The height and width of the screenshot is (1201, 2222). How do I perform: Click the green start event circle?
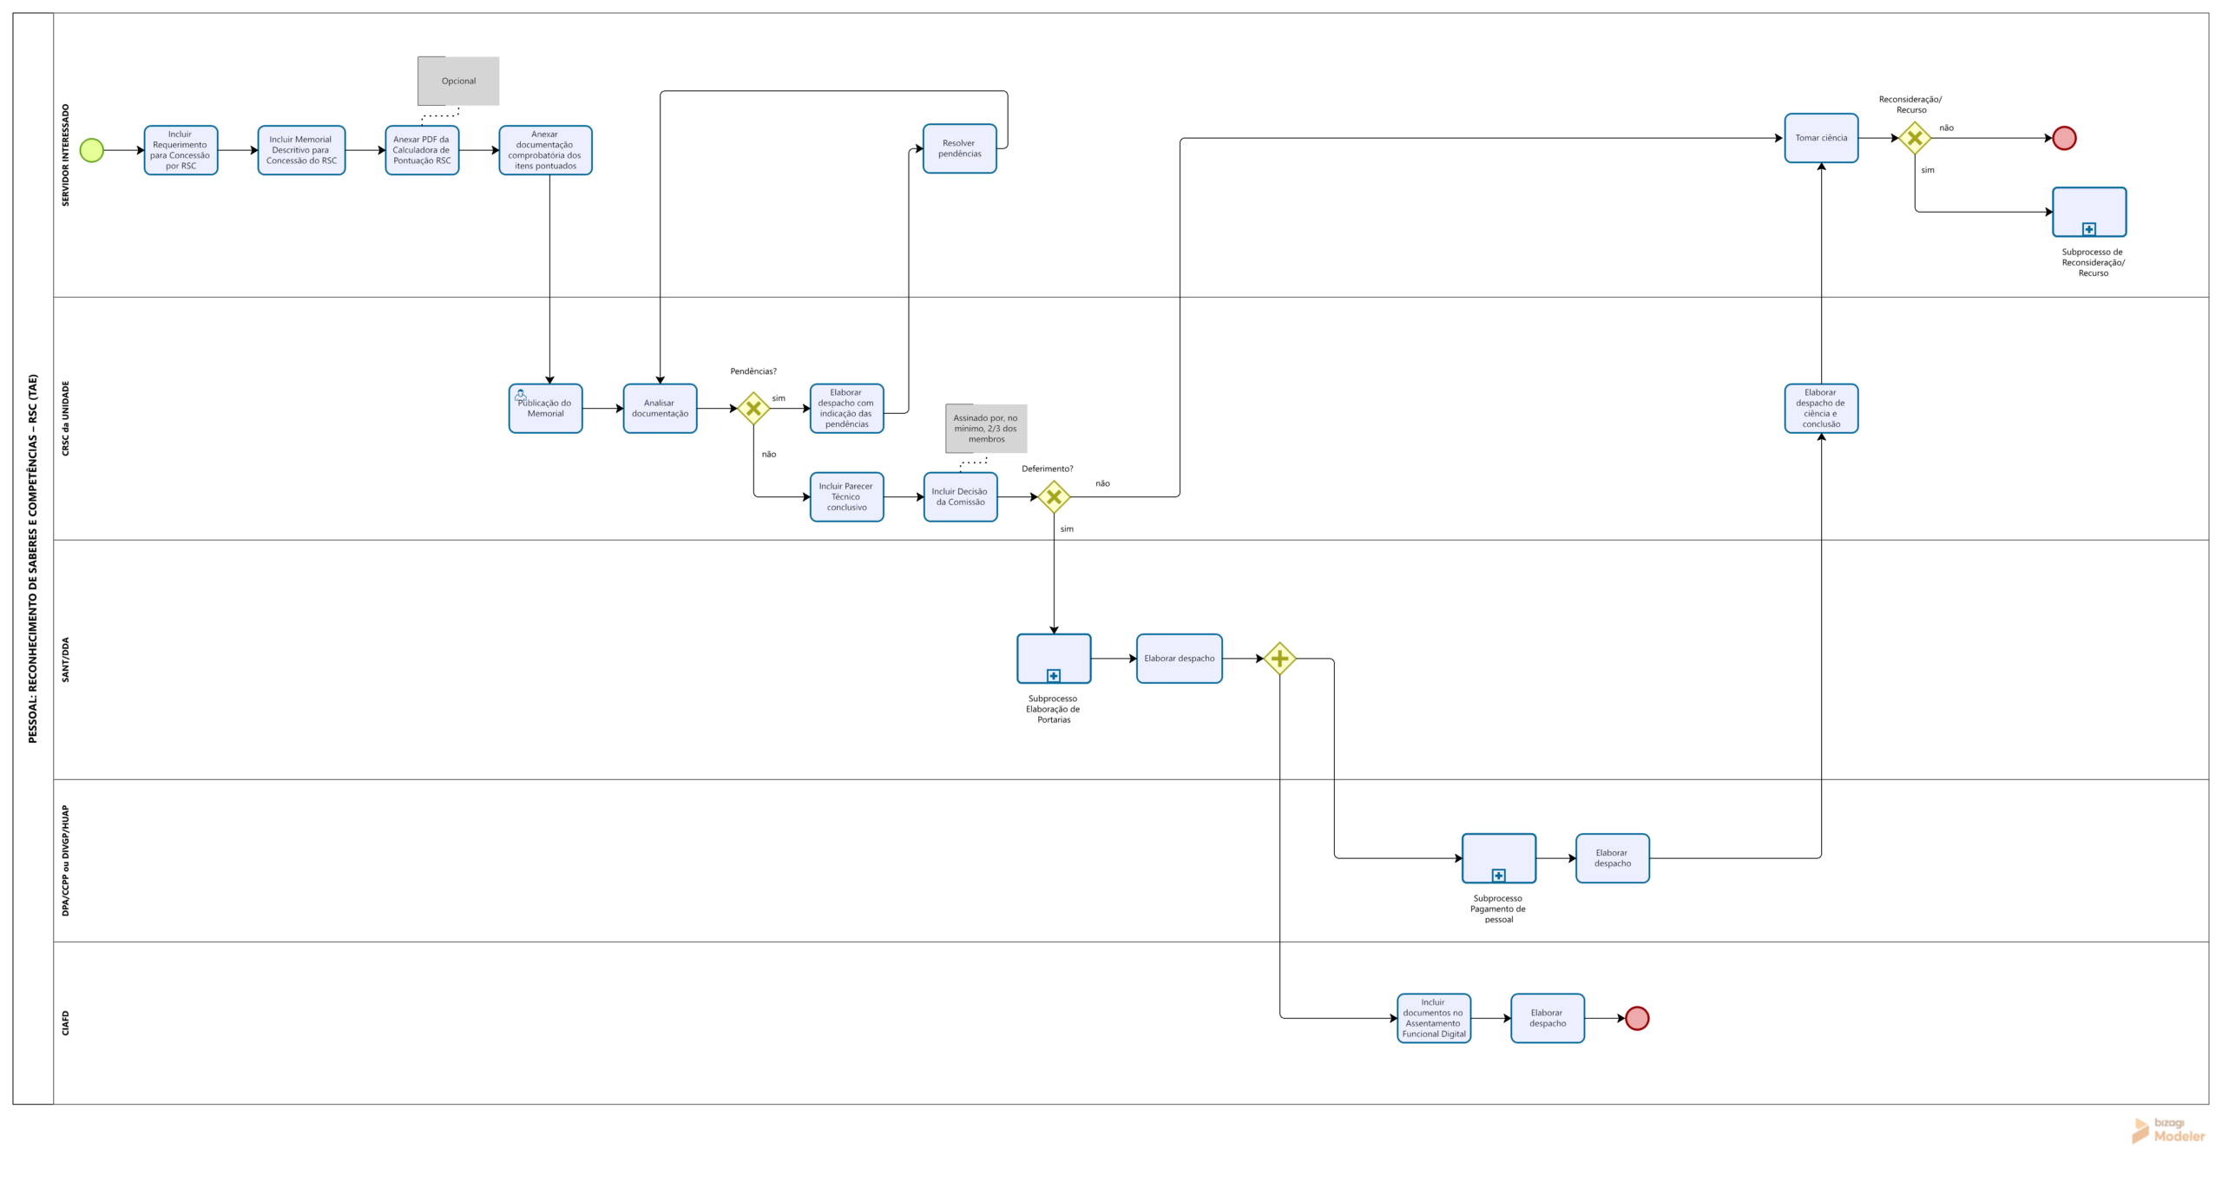tap(91, 150)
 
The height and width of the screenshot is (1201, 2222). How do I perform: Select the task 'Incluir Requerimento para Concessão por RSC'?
tap(181, 150)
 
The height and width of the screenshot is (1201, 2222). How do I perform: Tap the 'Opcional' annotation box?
tap(458, 81)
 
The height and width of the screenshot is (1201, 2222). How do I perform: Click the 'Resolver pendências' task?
tap(959, 148)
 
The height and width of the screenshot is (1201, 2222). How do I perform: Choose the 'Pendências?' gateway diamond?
tap(753, 408)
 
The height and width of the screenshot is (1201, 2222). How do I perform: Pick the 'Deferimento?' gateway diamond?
tap(1054, 497)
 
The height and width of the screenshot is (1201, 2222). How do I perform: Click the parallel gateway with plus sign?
tap(1279, 659)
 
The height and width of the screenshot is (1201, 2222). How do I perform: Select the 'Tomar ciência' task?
tap(1821, 138)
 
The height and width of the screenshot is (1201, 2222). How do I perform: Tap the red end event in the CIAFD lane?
tap(1637, 1018)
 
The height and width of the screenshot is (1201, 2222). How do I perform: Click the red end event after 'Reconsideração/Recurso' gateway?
tap(2064, 138)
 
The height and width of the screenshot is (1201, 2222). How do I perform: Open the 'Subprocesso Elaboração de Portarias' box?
tap(1054, 659)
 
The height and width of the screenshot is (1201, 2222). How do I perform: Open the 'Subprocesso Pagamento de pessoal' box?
tap(1499, 858)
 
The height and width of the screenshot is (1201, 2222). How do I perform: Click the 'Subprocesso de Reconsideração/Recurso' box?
tap(2089, 212)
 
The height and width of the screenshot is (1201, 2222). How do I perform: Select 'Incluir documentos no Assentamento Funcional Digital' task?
tap(1434, 1018)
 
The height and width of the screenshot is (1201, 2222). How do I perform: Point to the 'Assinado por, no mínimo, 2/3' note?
tap(986, 429)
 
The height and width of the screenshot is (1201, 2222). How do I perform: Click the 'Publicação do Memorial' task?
tap(545, 408)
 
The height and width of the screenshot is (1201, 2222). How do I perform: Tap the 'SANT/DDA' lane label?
tap(65, 660)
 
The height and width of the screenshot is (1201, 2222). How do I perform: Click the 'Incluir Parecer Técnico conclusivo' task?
tap(846, 497)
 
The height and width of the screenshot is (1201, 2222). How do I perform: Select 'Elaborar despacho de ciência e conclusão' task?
tap(1821, 408)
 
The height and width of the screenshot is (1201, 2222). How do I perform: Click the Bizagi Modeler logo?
tap(2168, 1130)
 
